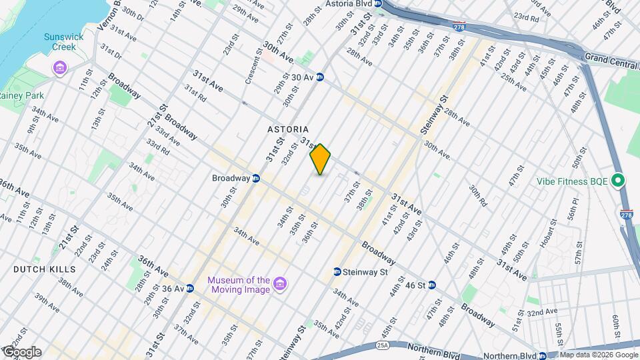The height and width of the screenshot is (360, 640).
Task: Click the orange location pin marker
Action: [321, 159]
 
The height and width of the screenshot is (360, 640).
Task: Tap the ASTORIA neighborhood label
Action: [288, 129]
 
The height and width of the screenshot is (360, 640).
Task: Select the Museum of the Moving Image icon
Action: [281, 285]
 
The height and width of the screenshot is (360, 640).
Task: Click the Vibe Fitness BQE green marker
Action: [618, 180]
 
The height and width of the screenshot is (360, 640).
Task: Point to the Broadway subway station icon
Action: [256, 178]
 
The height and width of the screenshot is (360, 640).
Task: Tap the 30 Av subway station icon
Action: [320, 77]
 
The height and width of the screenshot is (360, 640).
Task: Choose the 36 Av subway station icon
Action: [190, 289]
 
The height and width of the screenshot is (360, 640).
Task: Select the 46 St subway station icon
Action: [432, 285]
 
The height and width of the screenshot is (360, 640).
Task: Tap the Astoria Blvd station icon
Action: [379, 3]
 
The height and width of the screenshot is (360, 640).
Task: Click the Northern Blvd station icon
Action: [543, 356]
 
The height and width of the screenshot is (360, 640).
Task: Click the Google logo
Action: [21, 352]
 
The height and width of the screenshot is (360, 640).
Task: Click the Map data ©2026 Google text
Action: [598, 355]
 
